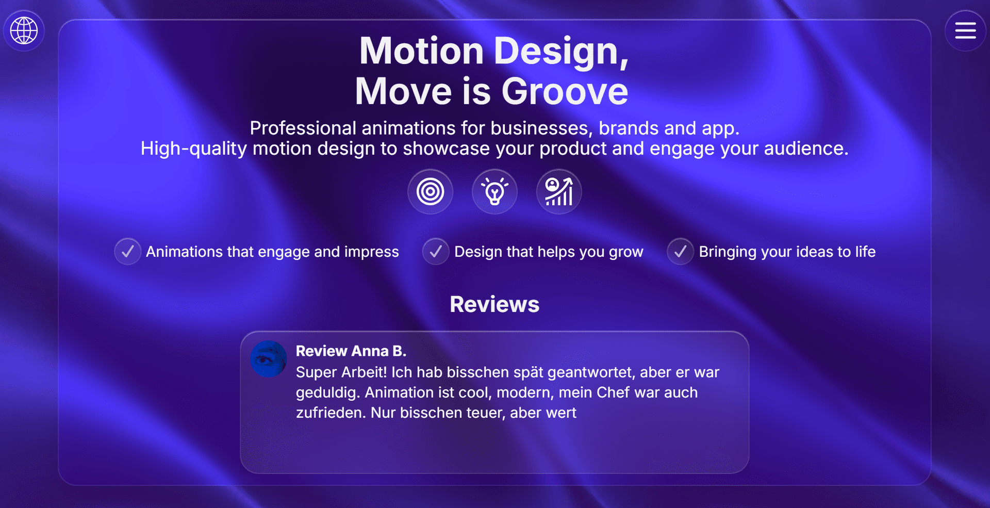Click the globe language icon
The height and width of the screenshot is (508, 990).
[x=24, y=30]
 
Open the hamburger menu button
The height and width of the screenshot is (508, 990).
[x=965, y=30]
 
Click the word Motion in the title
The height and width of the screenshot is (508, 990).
[x=421, y=51]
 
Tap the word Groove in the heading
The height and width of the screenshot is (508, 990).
[x=565, y=91]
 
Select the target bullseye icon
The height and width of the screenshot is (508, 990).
[x=431, y=192]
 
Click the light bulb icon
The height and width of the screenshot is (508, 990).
[x=494, y=192]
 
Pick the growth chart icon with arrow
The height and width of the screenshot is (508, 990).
[x=559, y=192]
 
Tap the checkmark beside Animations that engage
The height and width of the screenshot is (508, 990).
[x=128, y=252]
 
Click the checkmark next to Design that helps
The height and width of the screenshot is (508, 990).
[x=436, y=252]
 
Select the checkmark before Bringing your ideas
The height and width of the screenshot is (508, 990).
[x=680, y=252]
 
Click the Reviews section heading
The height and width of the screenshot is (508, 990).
[x=494, y=304]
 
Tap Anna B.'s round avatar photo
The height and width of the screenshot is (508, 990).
[x=268, y=359]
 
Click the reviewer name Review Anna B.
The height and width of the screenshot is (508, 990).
[x=351, y=351]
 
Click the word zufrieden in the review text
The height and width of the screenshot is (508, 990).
[x=330, y=413]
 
